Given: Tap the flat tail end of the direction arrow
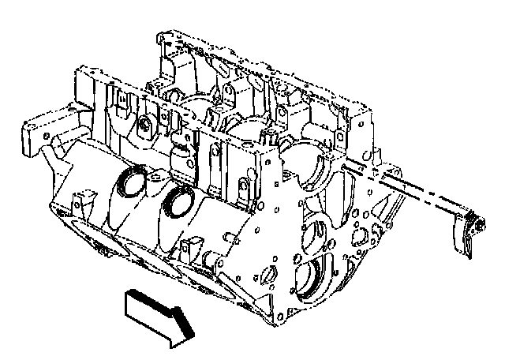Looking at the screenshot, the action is pos(129,303).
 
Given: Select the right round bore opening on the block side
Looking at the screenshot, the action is pos(180,203).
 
